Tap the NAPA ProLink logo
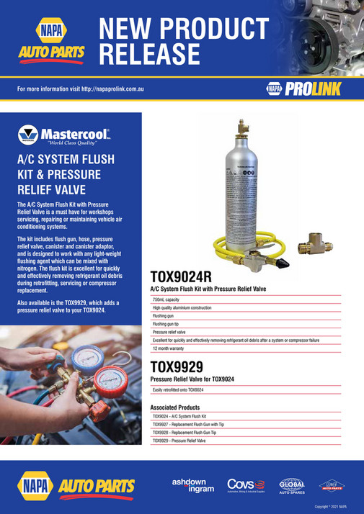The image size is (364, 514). [x=303, y=89]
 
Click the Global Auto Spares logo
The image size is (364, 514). [x=291, y=485]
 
